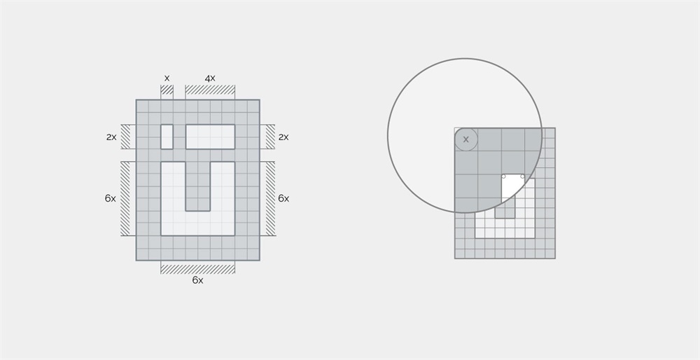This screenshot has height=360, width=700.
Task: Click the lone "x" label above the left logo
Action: coord(167,78)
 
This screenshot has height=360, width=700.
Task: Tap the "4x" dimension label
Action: coord(210,78)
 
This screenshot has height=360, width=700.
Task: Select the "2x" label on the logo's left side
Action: coord(111,137)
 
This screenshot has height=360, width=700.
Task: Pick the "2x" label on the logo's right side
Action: coord(283,137)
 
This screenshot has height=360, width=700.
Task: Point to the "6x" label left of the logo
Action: coord(111,198)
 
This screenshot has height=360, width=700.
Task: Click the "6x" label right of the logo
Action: coord(283,198)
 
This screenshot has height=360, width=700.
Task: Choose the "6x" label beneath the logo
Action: coord(198,280)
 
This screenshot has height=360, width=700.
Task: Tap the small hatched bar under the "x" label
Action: coord(167,90)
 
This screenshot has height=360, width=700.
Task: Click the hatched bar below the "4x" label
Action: coord(210,90)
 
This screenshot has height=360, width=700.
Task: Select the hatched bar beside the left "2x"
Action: coord(125,137)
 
